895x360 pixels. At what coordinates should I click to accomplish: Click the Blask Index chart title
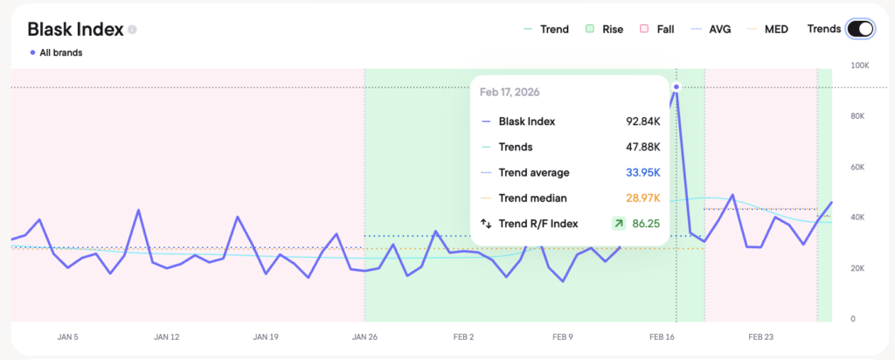tap(75, 29)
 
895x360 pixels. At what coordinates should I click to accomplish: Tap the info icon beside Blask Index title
tap(133, 29)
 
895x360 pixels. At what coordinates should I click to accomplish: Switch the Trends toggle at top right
tap(860, 29)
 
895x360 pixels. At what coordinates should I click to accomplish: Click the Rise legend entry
tap(605, 29)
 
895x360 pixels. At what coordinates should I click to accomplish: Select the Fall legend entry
tap(657, 29)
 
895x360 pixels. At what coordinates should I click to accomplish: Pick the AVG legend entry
tap(711, 29)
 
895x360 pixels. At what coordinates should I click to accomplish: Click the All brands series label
tap(58, 52)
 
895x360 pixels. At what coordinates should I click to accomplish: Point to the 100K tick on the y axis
tap(859, 66)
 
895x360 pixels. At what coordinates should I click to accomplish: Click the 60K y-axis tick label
tap(859, 167)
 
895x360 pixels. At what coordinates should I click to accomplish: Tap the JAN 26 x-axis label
tap(364, 336)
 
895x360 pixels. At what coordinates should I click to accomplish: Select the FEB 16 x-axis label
tap(663, 336)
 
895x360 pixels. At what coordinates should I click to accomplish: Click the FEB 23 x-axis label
tap(762, 336)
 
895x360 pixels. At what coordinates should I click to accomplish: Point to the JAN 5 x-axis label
tap(66, 336)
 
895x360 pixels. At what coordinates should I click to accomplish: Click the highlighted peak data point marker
tap(676, 87)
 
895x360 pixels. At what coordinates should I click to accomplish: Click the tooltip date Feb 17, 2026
tap(511, 93)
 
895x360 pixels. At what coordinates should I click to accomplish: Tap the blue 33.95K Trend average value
tap(640, 172)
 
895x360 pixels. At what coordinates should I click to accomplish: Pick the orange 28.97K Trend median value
tap(640, 198)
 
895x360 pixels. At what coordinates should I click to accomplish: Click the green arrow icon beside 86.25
tap(619, 224)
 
